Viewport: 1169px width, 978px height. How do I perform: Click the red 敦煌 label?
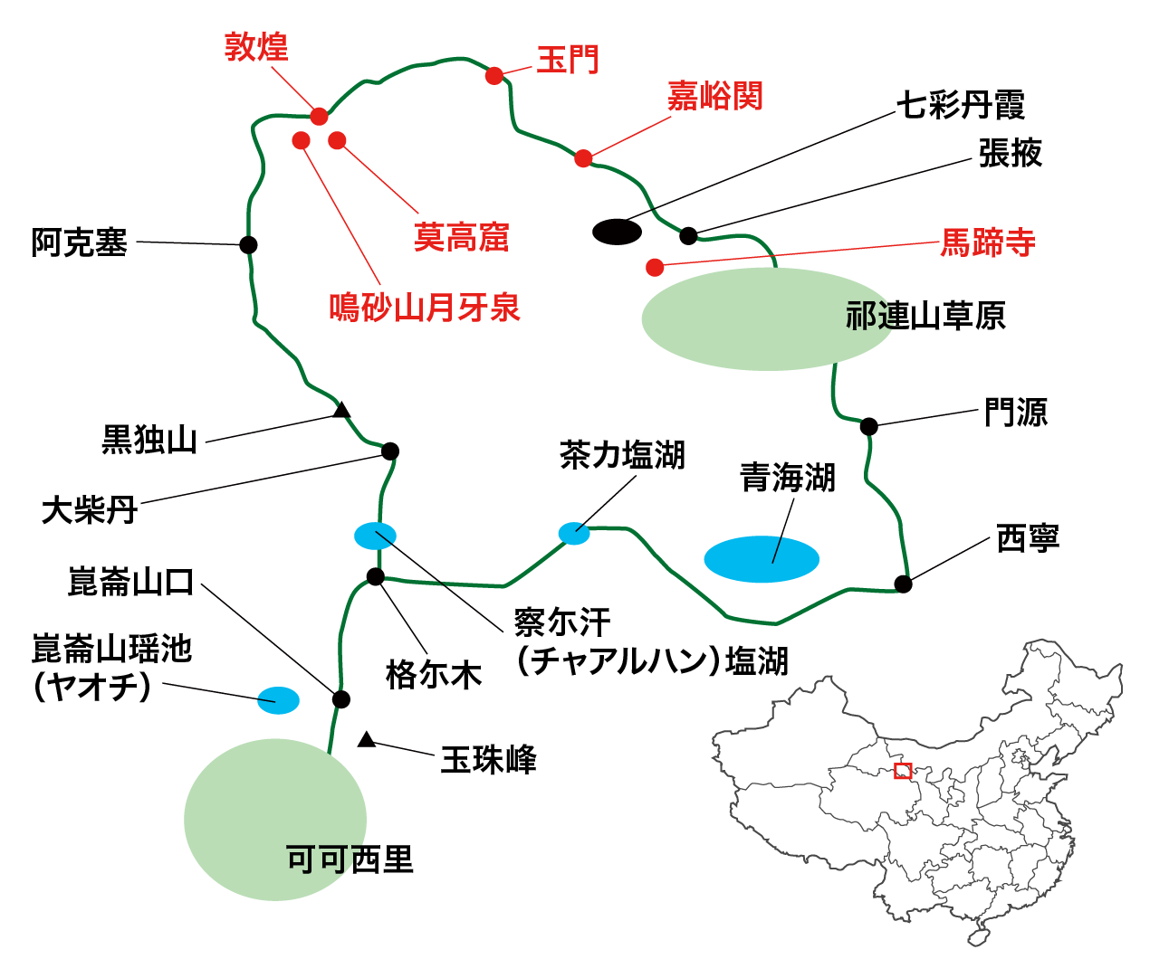coord(256,46)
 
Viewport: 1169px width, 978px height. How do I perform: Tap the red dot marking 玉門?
coord(493,76)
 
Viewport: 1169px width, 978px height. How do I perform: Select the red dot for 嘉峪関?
coord(583,158)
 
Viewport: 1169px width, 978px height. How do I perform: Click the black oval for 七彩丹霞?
coord(617,232)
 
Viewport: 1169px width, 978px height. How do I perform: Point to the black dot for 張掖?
coord(688,236)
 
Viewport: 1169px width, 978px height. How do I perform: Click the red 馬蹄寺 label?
coord(988,242)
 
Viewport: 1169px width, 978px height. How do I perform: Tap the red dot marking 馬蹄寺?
coord(655,267)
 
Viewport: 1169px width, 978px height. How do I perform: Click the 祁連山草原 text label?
coord(925,316)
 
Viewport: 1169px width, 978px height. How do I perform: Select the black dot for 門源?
coord(868,426)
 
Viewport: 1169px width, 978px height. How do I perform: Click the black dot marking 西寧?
coord(903,584)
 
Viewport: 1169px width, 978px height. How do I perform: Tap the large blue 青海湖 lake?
coord(762,559)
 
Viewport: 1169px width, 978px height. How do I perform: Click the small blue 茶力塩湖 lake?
coord(574,533)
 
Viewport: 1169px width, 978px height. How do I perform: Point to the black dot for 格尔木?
coord(376,576)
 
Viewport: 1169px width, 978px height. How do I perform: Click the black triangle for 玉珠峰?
coord(366,740)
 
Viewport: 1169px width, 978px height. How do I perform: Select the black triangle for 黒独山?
coord(341,411)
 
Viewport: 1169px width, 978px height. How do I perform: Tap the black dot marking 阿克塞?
coord(248,245)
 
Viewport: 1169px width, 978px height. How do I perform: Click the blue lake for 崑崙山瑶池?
coord(278,699)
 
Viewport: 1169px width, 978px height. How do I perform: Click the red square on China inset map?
coord(902,771)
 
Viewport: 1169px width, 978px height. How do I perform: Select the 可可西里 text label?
coord(350,859)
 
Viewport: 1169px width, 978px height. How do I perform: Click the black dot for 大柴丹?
coord(390,451)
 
